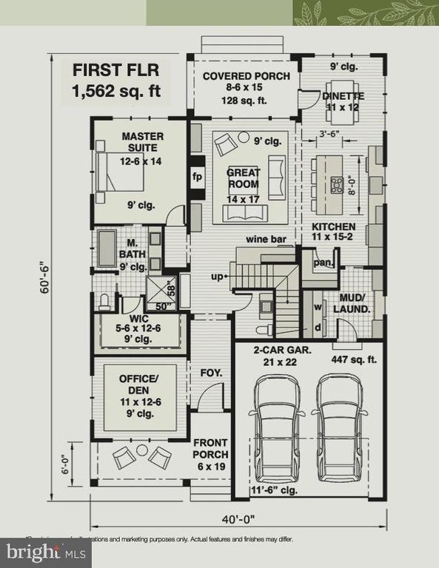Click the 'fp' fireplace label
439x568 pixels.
[197, 177]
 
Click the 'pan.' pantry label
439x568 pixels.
[324, 263]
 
